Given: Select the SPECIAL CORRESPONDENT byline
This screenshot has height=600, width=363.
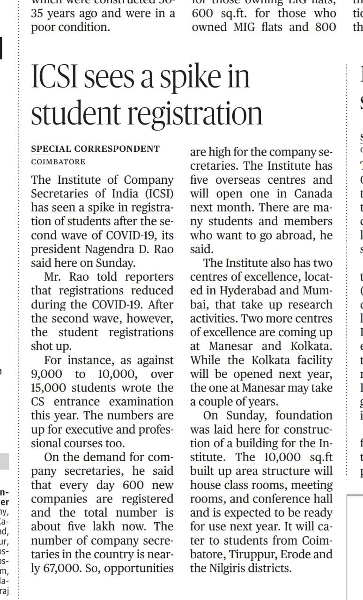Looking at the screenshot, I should tap(95, 149).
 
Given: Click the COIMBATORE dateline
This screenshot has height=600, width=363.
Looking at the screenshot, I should tap(58, 162).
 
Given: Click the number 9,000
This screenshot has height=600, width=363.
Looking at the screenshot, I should tap(47, 374).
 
